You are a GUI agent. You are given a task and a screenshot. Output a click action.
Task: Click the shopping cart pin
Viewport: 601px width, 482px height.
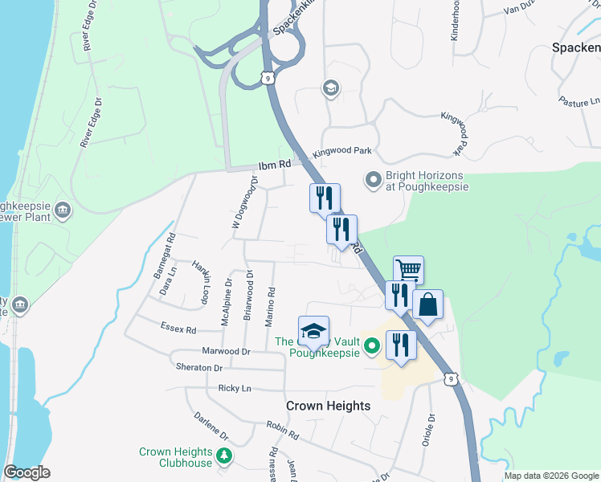408,270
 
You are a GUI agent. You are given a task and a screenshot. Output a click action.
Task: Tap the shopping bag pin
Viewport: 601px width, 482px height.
427,304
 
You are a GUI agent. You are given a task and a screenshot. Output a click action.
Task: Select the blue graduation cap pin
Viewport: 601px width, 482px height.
314,331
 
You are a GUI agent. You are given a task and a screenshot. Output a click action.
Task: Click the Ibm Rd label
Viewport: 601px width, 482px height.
274,165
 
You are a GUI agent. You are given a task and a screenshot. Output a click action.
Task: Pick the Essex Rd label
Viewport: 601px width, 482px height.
178,329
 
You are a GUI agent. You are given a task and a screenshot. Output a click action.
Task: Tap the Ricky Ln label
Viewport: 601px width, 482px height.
235,388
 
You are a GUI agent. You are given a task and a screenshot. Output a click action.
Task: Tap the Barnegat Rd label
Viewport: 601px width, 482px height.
165,255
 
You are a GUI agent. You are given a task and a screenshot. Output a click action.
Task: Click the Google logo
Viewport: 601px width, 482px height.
27,472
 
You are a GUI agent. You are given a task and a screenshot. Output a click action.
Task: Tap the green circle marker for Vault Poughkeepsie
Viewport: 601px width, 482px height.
372,347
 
